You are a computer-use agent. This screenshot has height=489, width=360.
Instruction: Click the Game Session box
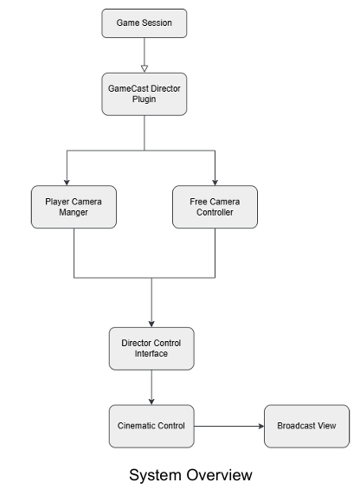coord(145,23)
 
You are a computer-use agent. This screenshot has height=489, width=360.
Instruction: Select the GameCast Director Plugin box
coord(145,93)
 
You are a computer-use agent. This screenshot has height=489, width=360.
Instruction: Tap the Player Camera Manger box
coord(74,208)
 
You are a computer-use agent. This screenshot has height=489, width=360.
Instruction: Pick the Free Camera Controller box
coord(215,208)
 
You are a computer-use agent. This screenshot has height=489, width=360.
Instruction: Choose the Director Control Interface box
coord(151,348)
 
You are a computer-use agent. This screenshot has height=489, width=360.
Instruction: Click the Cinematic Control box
coord(151,426)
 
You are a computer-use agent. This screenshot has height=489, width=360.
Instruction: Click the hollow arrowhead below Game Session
coord(145,66)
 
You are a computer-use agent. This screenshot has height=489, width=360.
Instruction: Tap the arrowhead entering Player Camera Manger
coord(67,181)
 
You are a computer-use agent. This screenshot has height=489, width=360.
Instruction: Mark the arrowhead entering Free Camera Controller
coord(215,181)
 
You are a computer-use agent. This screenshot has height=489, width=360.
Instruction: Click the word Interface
coord(151,354)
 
